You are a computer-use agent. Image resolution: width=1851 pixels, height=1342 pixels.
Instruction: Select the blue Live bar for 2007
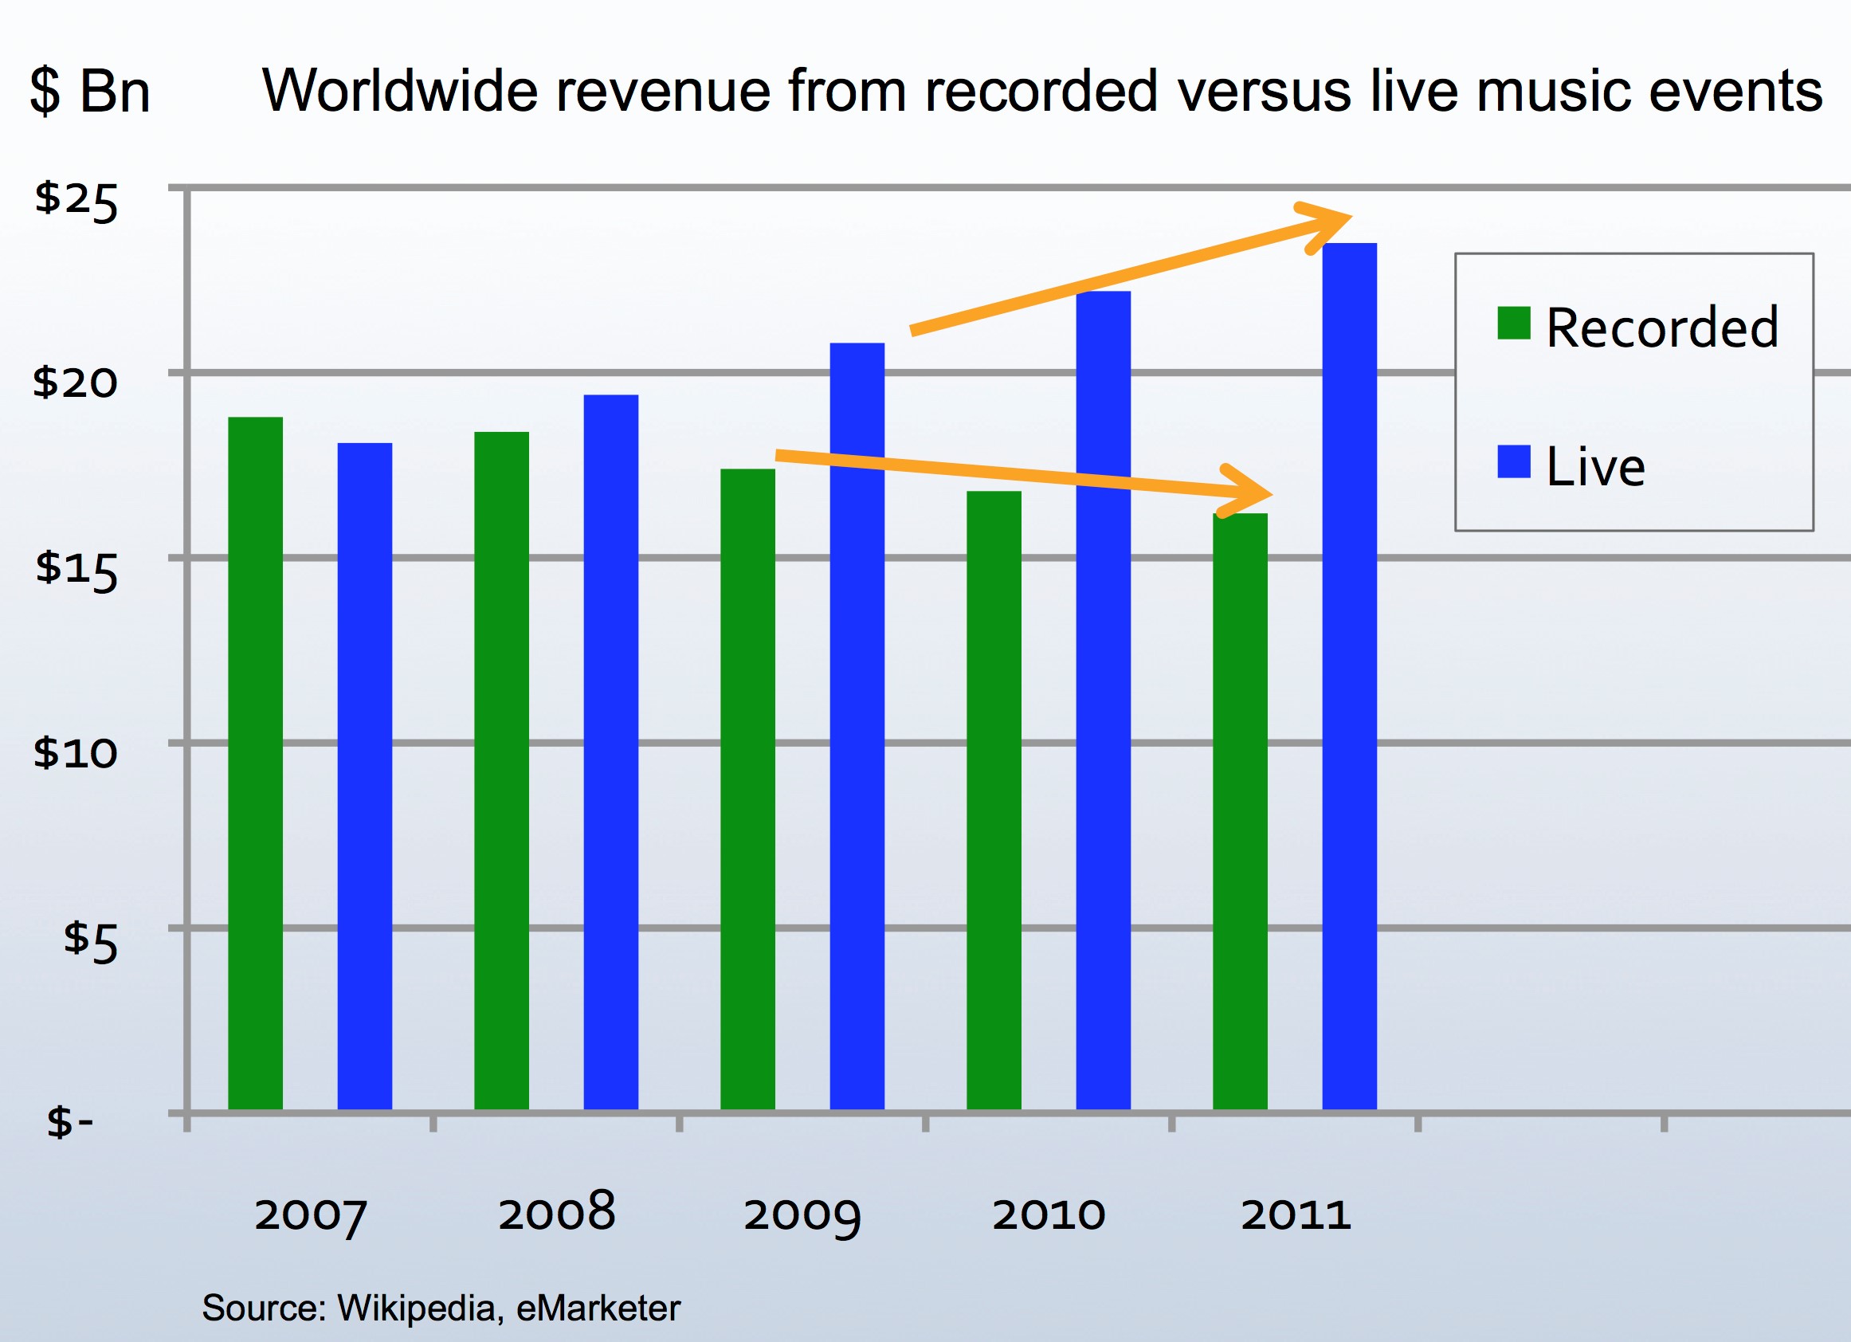tap(365, 775)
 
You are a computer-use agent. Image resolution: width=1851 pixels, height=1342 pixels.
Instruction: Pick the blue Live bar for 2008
tap(610, 751)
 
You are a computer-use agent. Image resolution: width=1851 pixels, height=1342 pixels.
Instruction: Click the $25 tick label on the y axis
tap(76, 200)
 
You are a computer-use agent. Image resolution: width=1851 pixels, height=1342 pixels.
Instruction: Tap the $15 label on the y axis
tap(76, 569)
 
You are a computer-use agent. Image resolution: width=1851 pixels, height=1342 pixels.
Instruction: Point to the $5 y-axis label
tap(91, 940)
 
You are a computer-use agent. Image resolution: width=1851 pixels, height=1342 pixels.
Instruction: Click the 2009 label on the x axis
tap(802, 1214)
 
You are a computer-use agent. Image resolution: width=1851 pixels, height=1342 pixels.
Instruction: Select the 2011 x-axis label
tap(1296, 1214)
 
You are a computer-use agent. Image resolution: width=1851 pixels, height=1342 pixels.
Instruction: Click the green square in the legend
tap(1514, 323)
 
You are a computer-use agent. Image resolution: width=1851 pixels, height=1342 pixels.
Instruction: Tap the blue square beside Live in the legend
tap(1514, 461)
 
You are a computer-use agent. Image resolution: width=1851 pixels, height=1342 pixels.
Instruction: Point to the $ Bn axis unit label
tap(90, 92)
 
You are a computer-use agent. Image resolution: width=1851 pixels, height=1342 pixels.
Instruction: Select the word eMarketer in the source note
tap(598, 1308)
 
